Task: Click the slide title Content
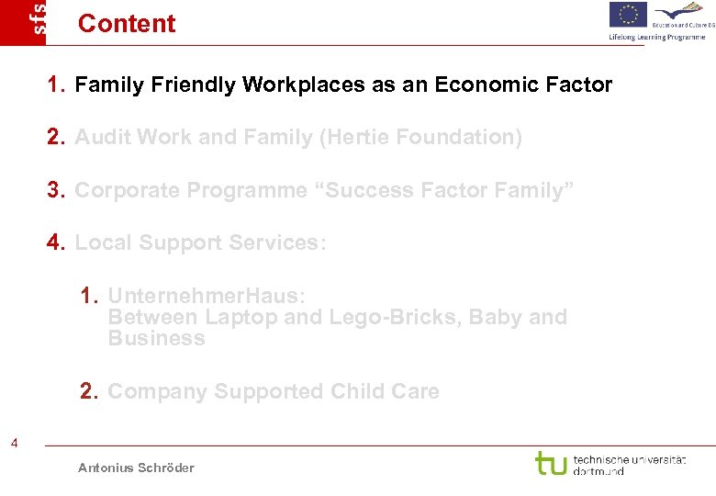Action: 127,23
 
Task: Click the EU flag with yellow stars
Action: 628,15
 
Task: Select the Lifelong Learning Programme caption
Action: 657,37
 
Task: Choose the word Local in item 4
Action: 99,242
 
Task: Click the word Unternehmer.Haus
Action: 207,296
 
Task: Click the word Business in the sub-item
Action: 156,339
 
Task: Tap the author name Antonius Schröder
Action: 136,468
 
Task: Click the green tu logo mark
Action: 550,463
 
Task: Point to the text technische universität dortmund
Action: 629,464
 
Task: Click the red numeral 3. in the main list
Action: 57,190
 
